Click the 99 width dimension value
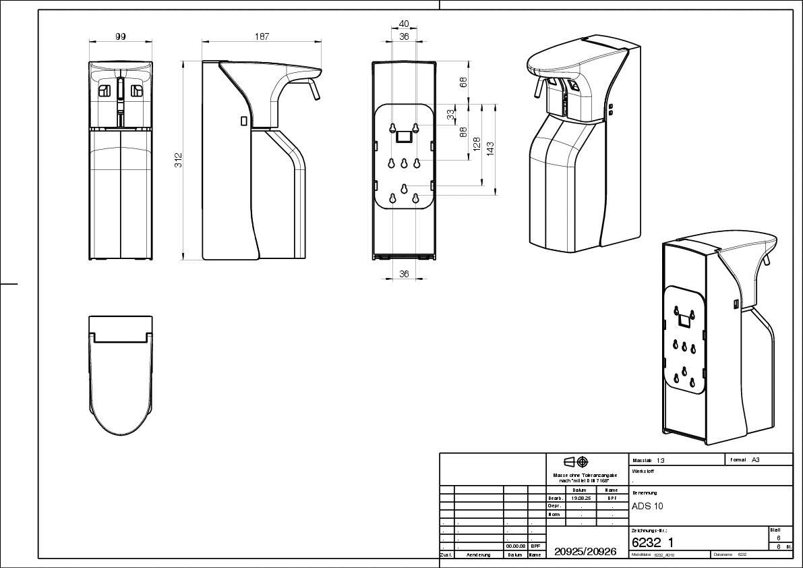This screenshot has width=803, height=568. [x=121, y=37]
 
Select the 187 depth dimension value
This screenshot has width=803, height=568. [x=261, y=37]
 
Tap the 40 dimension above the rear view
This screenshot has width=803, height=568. [x=404, y=24]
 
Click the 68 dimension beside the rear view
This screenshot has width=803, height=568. [x=463, y=82]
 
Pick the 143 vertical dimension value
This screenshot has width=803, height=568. [x=491, y=147]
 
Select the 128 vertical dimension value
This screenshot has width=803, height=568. [x=477, y=144]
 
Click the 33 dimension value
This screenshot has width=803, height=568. [x=450, y=115]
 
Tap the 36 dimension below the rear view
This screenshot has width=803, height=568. [x=404, y=274]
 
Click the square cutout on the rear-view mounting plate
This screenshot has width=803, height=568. [x=405, y=137]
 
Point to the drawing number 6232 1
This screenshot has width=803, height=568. [x=652, y=542]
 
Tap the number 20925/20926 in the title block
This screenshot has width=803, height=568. [x=585, y=551]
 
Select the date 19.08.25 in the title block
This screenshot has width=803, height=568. [x=581, y=498]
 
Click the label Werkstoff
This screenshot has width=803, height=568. [x=643, y=472]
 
